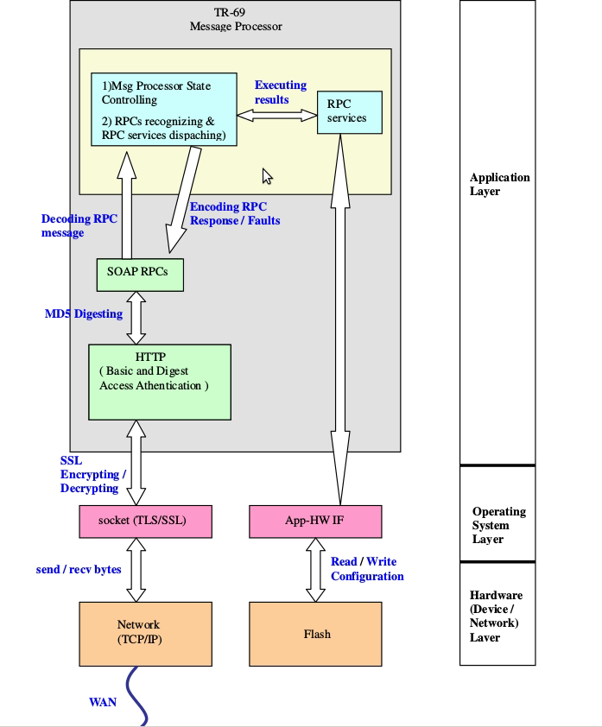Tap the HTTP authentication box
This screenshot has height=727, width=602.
(160, 382)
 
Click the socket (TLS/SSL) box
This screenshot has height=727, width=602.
(144, 521)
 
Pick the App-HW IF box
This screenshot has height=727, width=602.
(315, 521)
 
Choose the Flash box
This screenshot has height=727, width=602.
(317, 634)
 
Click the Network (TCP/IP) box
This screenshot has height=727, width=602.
(144, 634)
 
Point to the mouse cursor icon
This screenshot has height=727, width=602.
(268, 176)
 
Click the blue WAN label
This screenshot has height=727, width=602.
(103, 702)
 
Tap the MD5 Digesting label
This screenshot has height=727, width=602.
(84, 313)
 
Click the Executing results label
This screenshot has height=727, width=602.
(280, 92)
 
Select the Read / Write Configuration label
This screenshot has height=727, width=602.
(367, 569)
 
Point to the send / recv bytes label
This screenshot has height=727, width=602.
(79, 569)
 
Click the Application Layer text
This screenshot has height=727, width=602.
(499, 184)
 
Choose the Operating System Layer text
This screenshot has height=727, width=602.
(498, 525)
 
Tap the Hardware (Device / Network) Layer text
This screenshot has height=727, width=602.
(496, 616)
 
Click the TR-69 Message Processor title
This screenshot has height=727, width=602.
(235, 19)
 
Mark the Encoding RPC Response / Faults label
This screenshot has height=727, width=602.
(235, 213)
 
